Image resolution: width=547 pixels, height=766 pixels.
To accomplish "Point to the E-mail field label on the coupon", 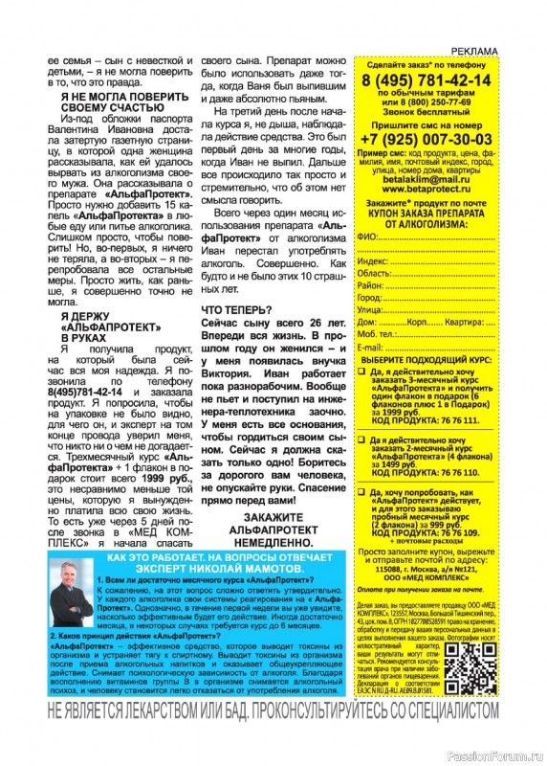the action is tap(369, 347).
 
